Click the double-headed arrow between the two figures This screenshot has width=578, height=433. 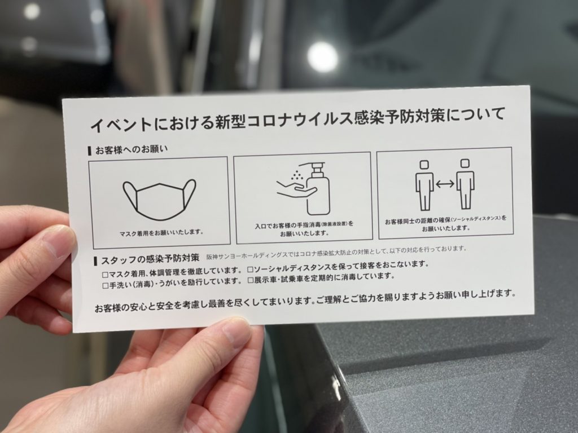tap(445, 184)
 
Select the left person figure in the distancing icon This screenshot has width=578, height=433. tap(424, 185)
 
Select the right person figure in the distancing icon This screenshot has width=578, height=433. tap(465, 184)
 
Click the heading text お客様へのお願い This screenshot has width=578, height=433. tap(131, 149)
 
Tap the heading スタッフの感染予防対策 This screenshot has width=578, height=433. tap(150, 259)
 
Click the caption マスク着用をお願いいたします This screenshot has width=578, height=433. tap(161, 233)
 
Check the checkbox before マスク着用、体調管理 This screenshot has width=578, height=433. tap(105, 275)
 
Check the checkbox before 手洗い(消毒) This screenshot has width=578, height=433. tap(106, 286)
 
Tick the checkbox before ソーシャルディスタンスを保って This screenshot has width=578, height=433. tap(250, 270)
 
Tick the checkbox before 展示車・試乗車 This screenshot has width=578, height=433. tap(251, 281)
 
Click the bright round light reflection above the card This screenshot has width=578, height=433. tap(322, 57)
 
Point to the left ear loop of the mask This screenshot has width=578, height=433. tap(129, 195)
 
